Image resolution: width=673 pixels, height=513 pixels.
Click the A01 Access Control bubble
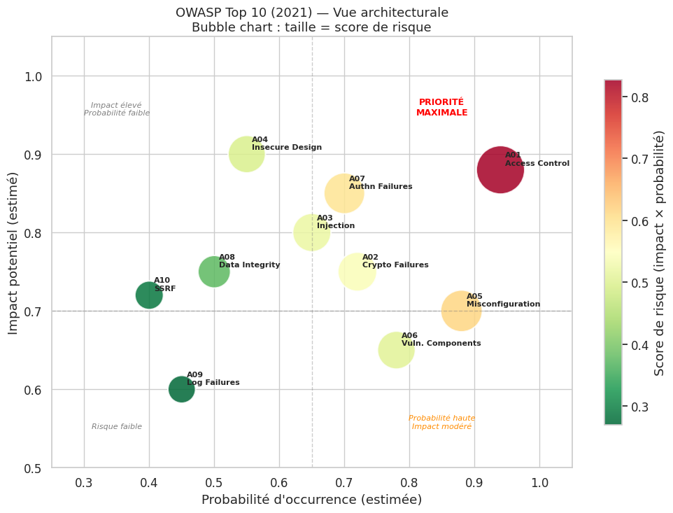(x=500, y=170)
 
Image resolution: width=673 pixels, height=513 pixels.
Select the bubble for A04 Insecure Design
(x=246, y=154)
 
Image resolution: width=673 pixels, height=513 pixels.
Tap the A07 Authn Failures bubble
(x=343, y=193)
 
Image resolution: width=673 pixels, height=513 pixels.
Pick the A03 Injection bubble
(x=311, y=232)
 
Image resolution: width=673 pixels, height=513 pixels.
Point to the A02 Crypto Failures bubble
(x=357, y=272)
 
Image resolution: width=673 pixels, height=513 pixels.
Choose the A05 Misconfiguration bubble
(x=461, y=311)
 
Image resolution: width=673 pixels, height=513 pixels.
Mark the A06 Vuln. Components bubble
(x=396, y=350)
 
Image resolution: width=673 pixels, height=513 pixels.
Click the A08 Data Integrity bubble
(x=214, y=272)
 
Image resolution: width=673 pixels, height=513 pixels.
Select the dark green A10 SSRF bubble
(x=149, y=295)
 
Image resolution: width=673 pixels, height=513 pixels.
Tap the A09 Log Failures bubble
(x=181, y=389)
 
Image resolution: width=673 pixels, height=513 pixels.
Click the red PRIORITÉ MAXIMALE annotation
(x=441, y=107)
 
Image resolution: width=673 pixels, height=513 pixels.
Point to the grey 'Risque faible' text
(x=117, y=427)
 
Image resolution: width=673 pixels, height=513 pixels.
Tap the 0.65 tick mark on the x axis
(x=312, y=468)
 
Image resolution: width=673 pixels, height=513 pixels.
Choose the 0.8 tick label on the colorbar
(x=640, y=97)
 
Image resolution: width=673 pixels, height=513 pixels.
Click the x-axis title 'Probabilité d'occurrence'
(x=311, y=500)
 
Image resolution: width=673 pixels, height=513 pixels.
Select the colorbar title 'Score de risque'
(x=659, y=253)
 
